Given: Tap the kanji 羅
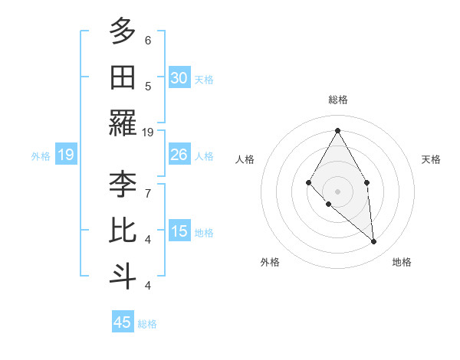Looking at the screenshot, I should (123, 123).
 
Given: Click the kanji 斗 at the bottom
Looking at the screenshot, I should (123, 276).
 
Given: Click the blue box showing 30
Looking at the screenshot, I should (179, 77).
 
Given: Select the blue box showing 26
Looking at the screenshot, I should (179, 155).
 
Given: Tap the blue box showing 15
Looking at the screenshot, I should (179, 231).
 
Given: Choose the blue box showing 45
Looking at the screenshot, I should (123, 322).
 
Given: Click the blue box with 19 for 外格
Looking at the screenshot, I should (65, 155).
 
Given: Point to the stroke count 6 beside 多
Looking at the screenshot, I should (147, 40).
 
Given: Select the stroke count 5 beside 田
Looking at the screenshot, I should (147, 86).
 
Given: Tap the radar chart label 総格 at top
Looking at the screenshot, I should (337, 100).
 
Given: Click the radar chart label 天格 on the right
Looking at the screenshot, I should (431, 159).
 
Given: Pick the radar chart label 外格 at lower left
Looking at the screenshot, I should (270, 262).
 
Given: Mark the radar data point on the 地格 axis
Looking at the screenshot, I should (373, 242).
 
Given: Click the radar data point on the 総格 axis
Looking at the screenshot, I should (337, 130).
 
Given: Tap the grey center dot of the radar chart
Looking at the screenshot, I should (337, 191).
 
